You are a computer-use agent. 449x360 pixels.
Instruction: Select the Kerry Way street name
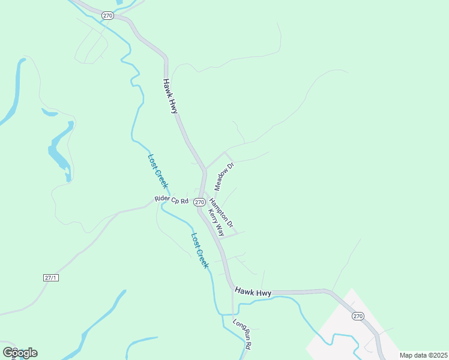point(217,223)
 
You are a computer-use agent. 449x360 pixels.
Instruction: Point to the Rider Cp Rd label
point(172,199)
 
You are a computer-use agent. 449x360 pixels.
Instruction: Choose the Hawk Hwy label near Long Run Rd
point(253,292)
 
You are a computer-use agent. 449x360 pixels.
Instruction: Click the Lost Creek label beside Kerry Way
point(199,250)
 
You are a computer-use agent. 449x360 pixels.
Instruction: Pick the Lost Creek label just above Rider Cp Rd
point(157,172)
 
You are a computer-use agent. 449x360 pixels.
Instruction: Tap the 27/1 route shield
point(51,277)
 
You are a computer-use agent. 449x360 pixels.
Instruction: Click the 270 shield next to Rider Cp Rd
point(199,203)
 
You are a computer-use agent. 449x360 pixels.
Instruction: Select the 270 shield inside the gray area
point(358,316)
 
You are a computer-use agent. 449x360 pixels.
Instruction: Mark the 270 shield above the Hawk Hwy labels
point(107,16)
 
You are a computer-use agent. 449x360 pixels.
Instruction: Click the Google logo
point(20,352)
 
